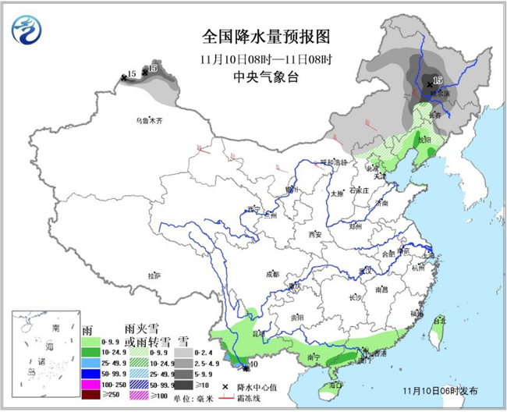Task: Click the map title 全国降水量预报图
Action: pos(256,37)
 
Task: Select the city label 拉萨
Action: pos(154,275)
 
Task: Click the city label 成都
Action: pos(271,274)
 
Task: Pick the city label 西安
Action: pos(314,234)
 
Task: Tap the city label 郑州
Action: pos(355,226)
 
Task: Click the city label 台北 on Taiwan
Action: pos(438,320)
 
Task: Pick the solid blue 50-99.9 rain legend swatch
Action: pos(91,376)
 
